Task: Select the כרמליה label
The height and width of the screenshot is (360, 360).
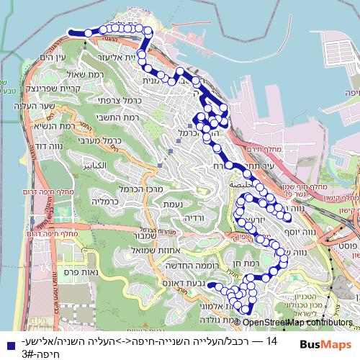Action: tap(114, 203)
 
